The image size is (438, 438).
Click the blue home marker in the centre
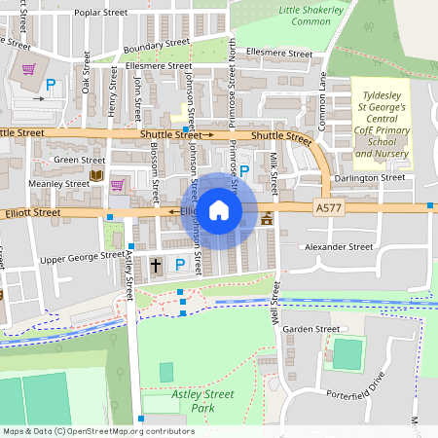click(x=219, y=210)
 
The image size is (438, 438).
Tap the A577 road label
click(x=329, y=207)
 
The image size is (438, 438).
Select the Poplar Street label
click(x=101, y=14)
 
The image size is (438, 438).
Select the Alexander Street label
click(x=340, y=247)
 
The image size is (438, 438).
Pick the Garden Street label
click(x=310, y=329)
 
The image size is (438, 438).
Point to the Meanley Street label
click(x=59, y=183)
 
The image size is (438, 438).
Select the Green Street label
click(x=80, y=160)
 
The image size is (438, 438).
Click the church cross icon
click(x=157, y=265)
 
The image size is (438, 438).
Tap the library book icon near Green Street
click(x=95, y=175)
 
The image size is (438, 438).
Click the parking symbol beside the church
click(x=179, y=264)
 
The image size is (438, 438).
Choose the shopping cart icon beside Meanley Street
click(x=118, y=185)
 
